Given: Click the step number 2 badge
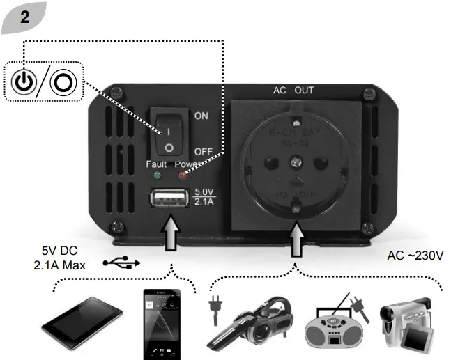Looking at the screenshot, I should (x=24, y=17).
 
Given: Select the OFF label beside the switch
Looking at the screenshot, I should (x=203, y=151).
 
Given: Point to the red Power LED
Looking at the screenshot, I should (x=183, y=175).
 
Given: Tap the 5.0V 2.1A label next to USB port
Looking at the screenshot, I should (x=204, y=197).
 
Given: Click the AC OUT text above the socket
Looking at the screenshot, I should (x=293, y=91).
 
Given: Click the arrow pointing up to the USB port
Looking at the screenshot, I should (x=168, y=233).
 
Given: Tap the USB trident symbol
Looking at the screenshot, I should (x=121, y=263).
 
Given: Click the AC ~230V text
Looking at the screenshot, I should (x=415, y=256).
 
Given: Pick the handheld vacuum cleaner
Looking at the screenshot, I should (x=250, y=322).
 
